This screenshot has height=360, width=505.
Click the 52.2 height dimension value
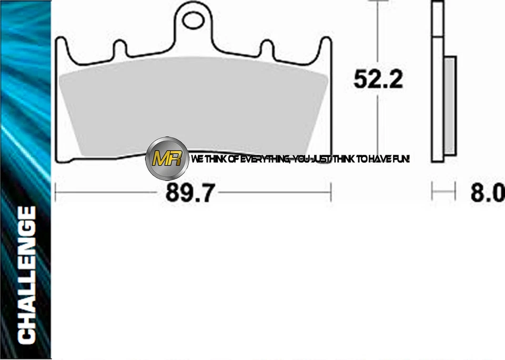coord(378,79)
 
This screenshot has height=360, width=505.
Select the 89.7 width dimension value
coord(190,193)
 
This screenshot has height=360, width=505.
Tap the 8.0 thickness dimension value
coord(487,193)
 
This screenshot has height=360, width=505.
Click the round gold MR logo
coord(167,158)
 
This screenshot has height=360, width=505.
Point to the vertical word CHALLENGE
coord(27,274)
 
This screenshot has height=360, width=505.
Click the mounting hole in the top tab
coord(194,22)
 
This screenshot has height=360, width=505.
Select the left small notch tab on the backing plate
coord(120,49)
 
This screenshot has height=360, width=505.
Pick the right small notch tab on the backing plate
coord(267,49)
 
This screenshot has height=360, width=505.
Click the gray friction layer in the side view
coord(451,105)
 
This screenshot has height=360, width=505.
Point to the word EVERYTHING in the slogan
coord(263,158)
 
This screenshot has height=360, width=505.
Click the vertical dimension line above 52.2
coord(378,32)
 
